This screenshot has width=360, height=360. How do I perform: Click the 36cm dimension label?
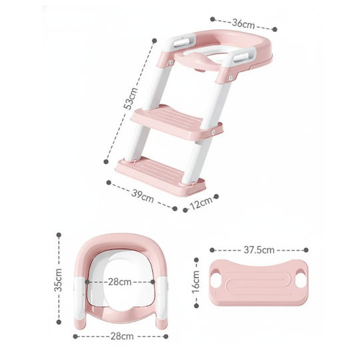(x=243, y=23)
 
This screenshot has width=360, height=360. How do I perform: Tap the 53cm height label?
(x=131, y=99)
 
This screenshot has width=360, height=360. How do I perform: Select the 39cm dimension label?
(x=143, y=196)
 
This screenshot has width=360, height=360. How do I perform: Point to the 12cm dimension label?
(x=201, y=203)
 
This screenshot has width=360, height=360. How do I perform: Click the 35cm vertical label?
(x=58, y=280)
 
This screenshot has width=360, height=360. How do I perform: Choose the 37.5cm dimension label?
(x=259, y=250)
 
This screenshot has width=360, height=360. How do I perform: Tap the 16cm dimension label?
(x=196, y=281)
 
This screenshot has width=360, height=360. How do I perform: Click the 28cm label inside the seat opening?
(x=119, y=282)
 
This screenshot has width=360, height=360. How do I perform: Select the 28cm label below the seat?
(x=122, y=337)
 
